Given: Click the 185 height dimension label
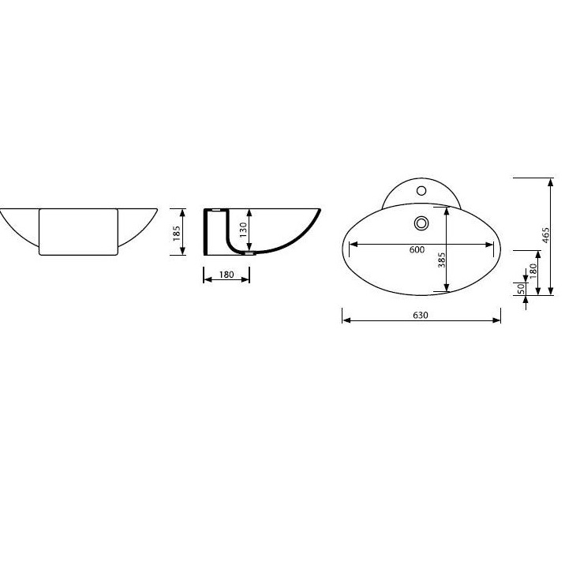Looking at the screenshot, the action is point(176,233).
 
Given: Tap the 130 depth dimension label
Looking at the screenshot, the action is point(243,230).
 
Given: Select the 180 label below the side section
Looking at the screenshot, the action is point(226,275).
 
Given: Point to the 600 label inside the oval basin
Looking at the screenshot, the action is point(417,249).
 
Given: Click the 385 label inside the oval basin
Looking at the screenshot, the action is point(441,260).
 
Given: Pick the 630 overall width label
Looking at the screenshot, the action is point(421,316).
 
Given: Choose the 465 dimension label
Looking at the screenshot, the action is point(545,235).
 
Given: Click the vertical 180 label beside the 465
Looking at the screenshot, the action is point(533,271).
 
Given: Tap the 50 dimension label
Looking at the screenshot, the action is point(521,289).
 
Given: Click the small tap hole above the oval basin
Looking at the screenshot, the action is point(421,190).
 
